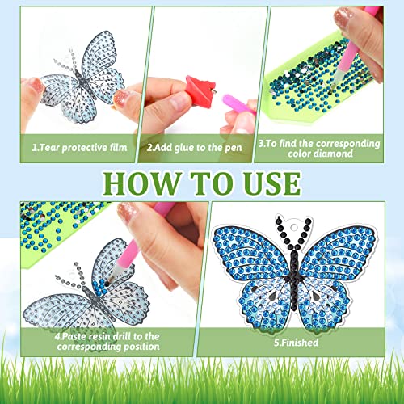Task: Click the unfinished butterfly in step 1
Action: pos(77,81)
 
